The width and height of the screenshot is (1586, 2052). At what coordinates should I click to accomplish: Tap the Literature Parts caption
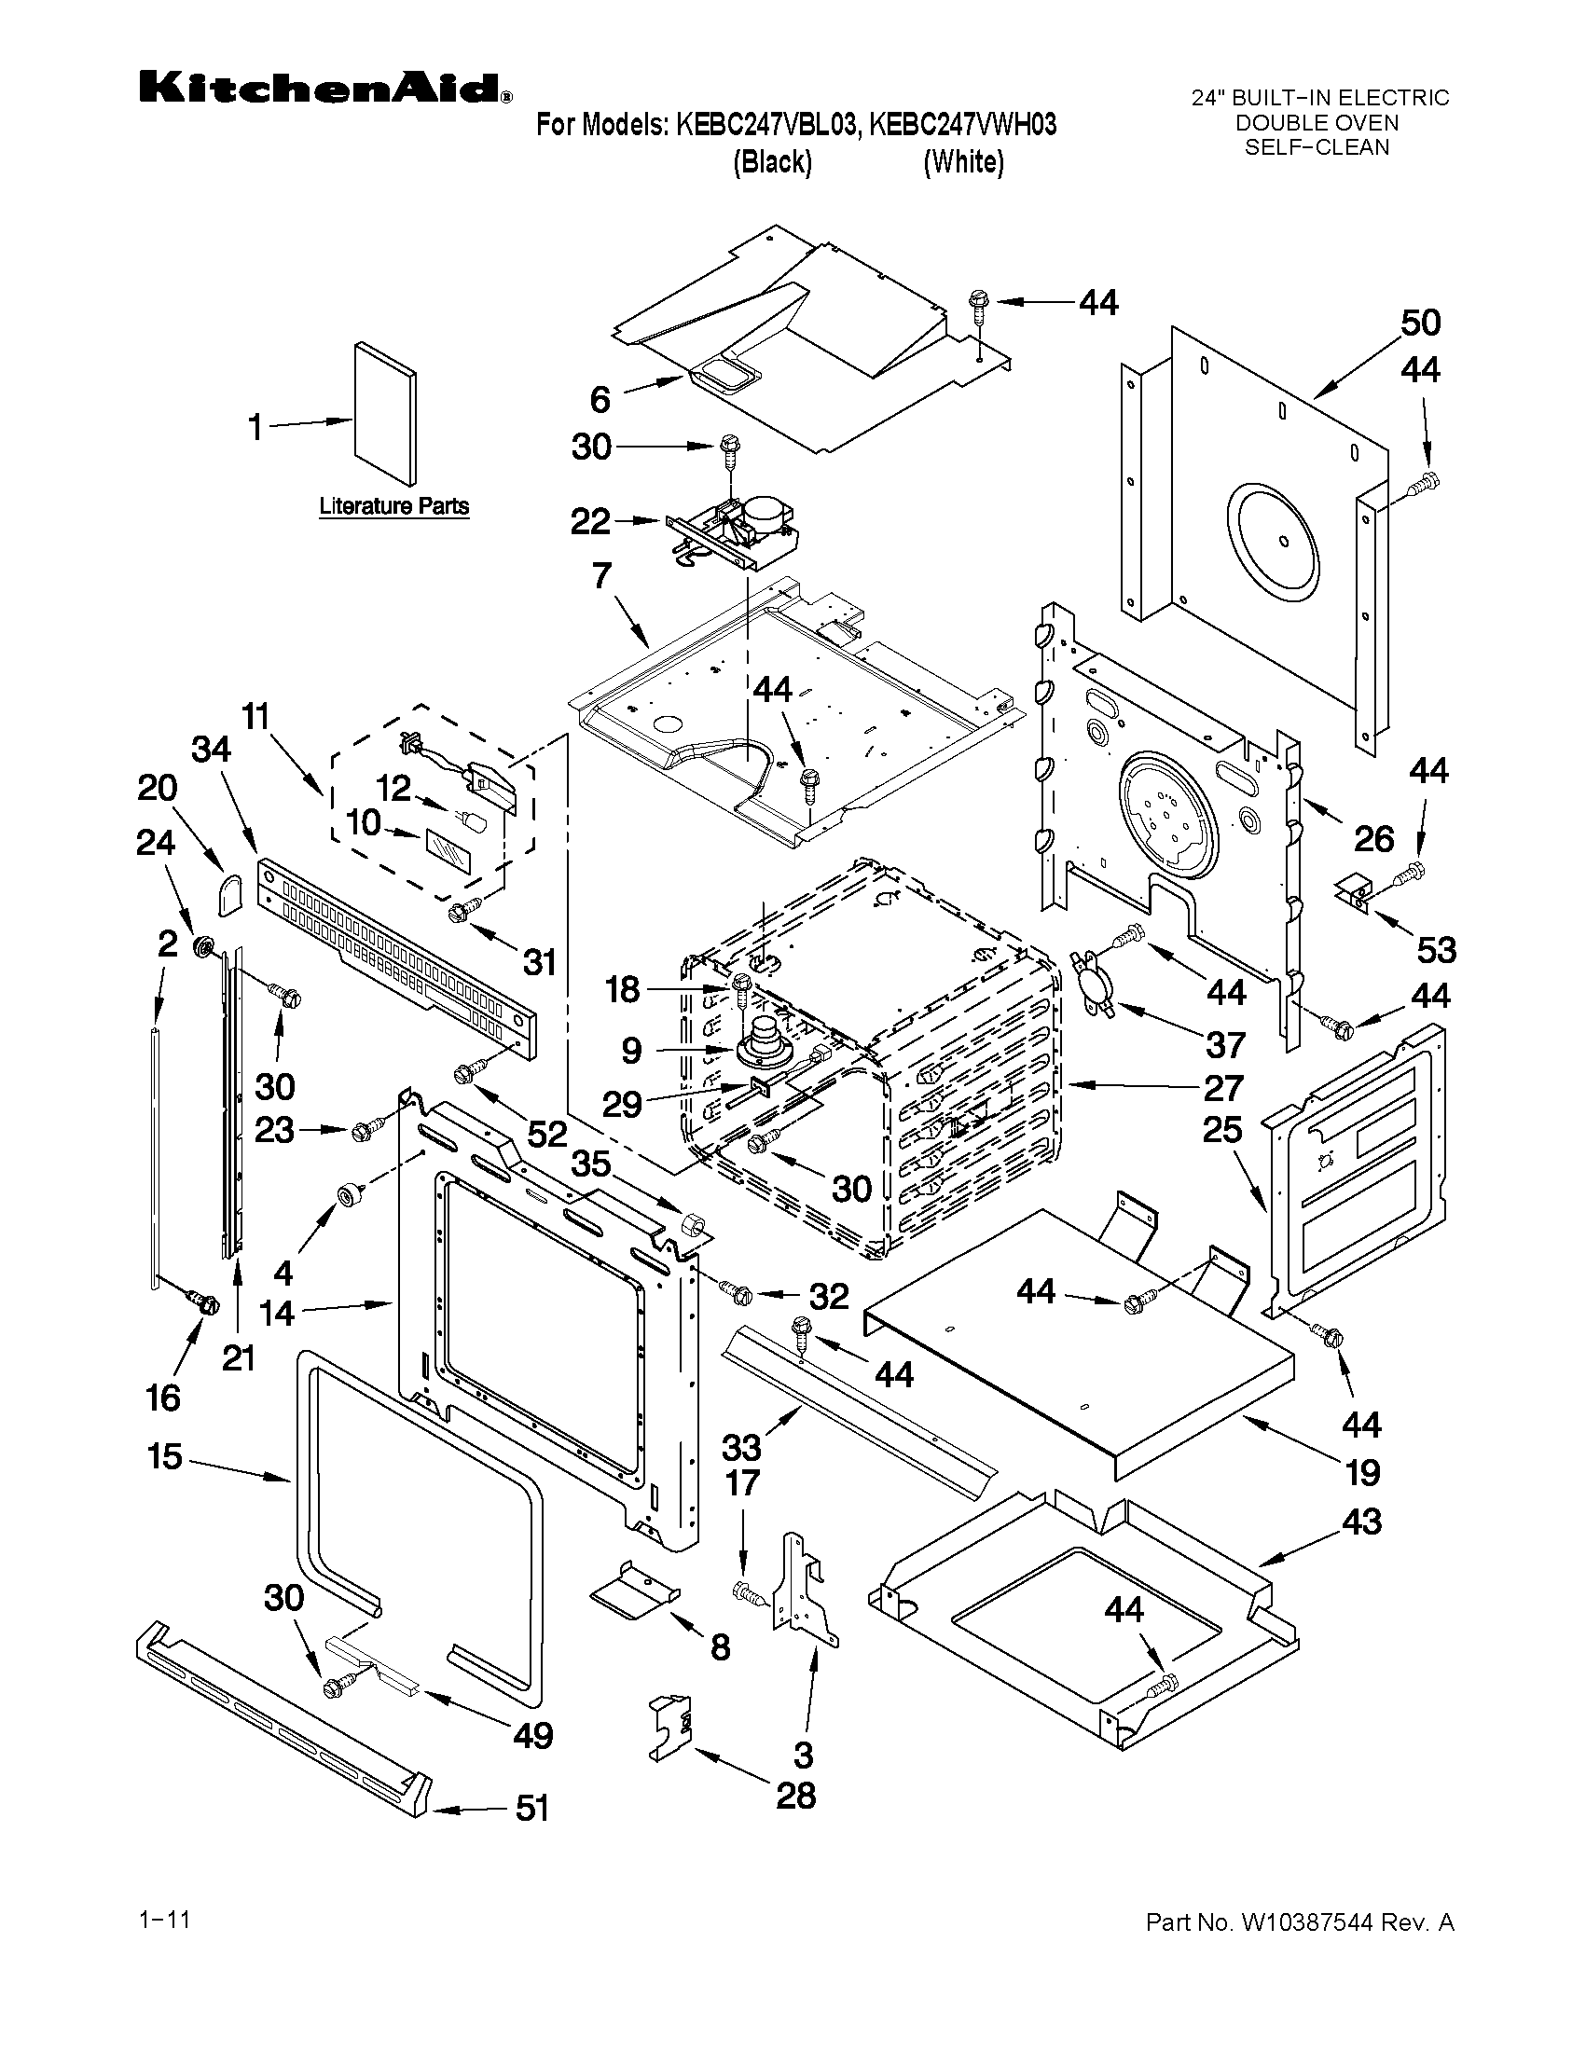click(x=393, y=506)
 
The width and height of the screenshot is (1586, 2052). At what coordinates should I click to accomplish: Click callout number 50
click(x=1420, y=323)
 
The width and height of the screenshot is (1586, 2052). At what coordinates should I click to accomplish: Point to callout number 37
click(x=1225, y=1044)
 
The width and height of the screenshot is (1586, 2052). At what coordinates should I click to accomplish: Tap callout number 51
click(x=532, y=1808)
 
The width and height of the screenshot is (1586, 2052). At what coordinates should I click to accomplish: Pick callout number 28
click(x=796, y=1796)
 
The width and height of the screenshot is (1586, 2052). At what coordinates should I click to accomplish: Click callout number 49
click(x=532, y=1735)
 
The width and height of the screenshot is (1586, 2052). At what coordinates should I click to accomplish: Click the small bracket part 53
click(x=1353, y=888)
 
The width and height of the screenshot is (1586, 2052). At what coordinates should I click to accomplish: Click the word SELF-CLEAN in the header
click(x=1317, y=147)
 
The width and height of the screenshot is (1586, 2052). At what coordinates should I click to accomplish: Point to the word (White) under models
click(x=963, y=162)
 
